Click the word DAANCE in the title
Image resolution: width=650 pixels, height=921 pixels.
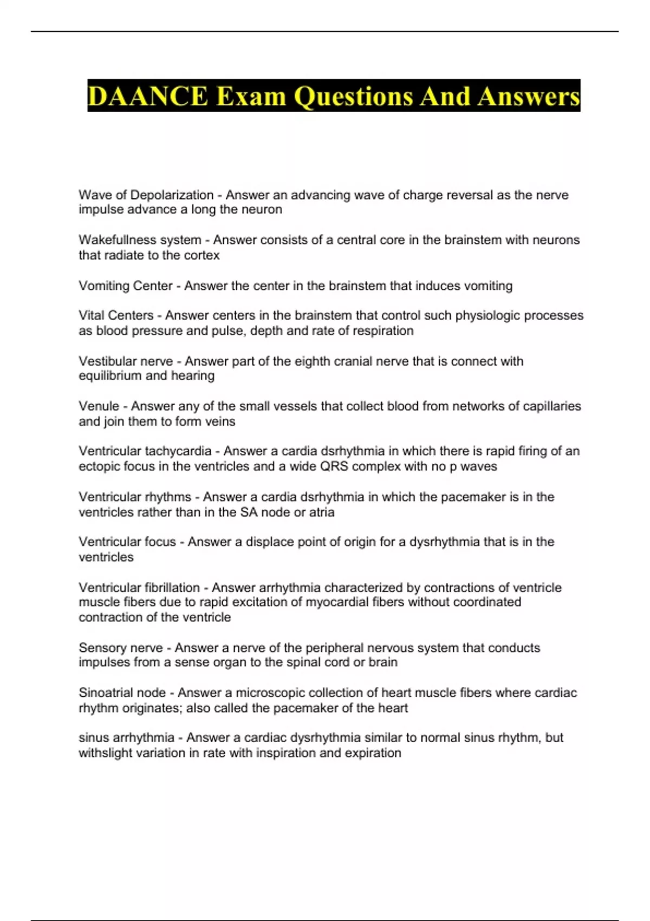[147, 96]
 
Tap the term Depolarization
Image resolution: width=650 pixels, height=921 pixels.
[172, 195]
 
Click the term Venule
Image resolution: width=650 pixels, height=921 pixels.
[99, 406]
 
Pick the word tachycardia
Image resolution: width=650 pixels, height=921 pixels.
[178, 451]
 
